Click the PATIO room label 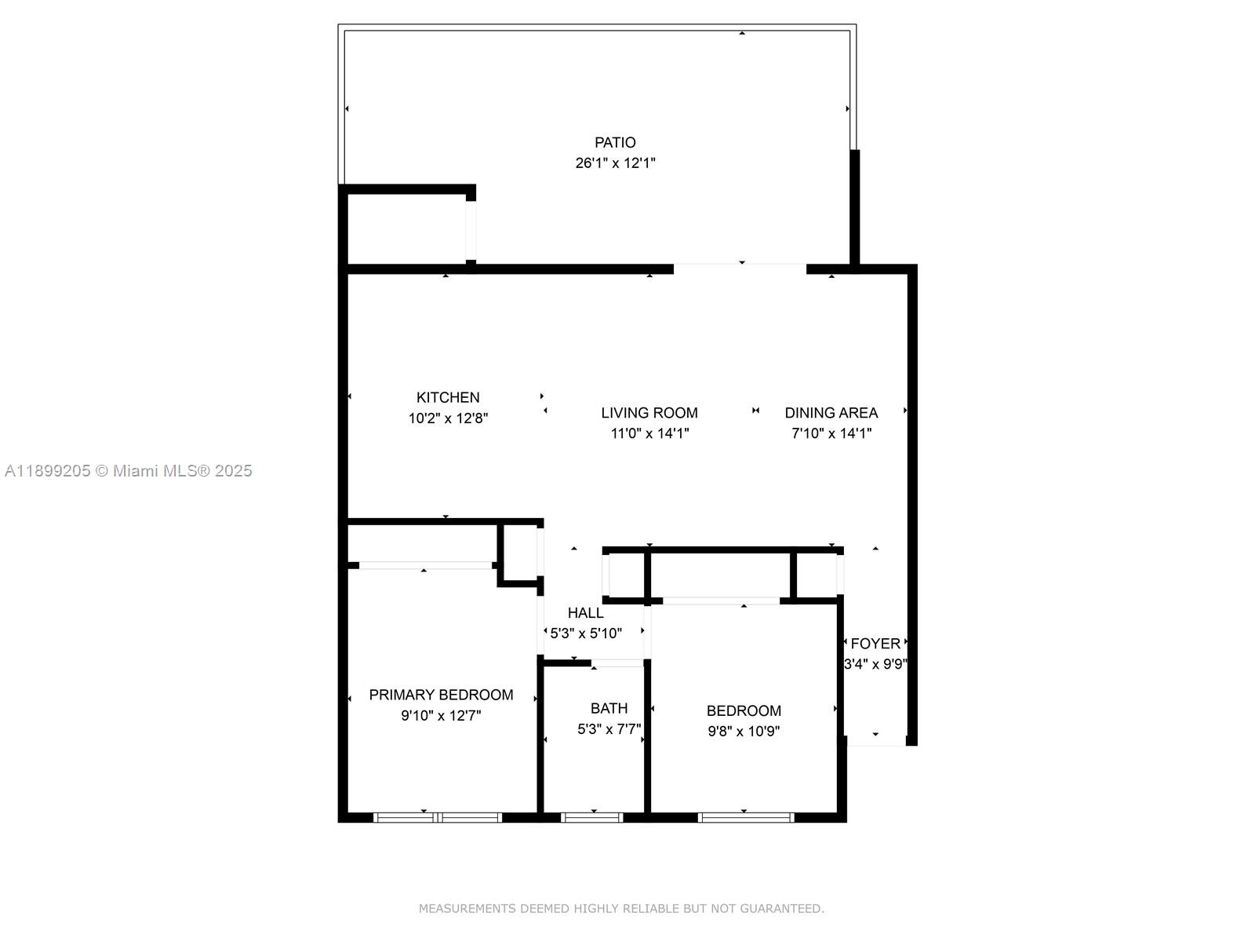[x=615, y=143]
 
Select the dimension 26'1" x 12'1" [x=615, y=163]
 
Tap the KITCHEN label [x=448, y=398]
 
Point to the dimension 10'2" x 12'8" [x=448, y=418]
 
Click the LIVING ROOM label [x=649, y=413]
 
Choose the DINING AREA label [x=831, y=413]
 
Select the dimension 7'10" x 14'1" [x=831, y=433]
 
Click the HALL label [x=586, y=613]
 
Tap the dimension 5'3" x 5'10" [x=586, y=633]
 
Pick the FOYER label [x=875, y=644]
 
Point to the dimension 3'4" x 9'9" [x=875, y=664]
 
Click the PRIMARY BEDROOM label [x=441, y=695]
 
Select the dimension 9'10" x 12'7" [x=441, y=715]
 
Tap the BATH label [x=609, y=708]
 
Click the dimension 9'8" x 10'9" [x=744, y=732]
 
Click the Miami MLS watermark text [x=129, y=471]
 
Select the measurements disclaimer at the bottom [x=621, y=908]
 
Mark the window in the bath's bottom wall [x=593, y=817]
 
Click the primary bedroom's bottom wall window [x=438, y=817]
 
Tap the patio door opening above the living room [x=740, y=269]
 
